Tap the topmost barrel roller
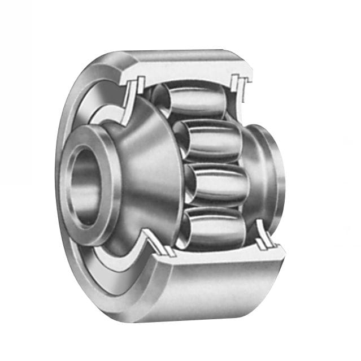pos(189,102)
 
